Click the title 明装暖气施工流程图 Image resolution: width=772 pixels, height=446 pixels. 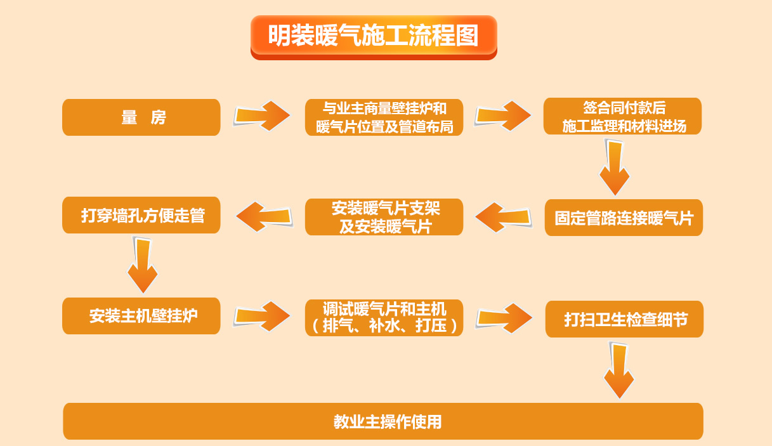coord(373,36)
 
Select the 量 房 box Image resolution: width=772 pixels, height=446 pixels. coord(141,117)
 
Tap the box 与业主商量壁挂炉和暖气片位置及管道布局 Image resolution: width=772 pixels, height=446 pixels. coord(384,117)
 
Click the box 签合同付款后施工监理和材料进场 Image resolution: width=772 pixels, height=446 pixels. coord(622,116)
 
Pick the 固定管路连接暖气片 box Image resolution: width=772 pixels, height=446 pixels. coord(624,218)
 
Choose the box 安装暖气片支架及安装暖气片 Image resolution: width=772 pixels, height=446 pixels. coord(384,217)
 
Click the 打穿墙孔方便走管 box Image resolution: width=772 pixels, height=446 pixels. coord(141,215)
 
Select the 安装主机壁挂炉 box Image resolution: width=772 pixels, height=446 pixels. coord(141,316)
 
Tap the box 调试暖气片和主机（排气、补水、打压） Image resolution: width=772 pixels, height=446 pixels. coord(384,318)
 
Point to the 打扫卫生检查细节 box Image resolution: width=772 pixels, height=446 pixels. coord(624,319)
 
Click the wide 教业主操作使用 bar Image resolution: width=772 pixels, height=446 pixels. coord(383,421)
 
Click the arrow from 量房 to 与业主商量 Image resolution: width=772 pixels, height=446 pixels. coord(262,116)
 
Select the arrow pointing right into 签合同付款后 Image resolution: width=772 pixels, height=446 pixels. coord(503,116)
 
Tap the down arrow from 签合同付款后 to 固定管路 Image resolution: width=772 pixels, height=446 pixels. coord(615,167)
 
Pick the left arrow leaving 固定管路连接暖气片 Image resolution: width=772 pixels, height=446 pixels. coord(504,217)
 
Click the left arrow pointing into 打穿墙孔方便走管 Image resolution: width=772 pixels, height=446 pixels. coord(264,217)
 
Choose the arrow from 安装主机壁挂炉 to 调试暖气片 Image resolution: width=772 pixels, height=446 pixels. coord(262,316)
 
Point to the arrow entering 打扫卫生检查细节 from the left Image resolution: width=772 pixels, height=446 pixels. coord(504,318)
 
